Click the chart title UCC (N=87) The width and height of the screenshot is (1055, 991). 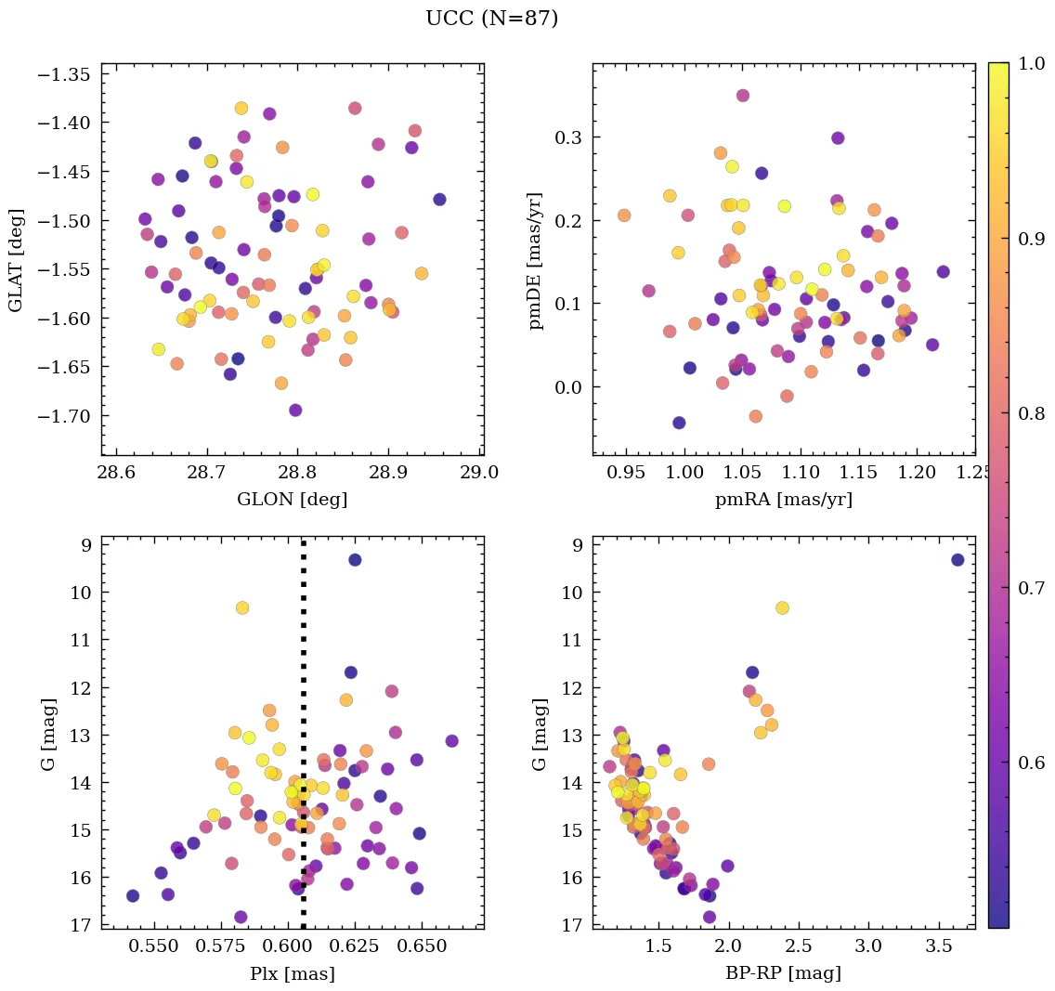[x=491, y=19]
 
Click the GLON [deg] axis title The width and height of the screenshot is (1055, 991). [x=292, y=500]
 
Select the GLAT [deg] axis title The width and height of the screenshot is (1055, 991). [x=16, y=260]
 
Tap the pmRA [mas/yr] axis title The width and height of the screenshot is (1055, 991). [x=783, y=500]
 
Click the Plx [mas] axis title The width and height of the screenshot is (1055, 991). [x=292, y=974]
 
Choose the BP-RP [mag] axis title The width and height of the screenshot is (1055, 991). [x=783, y=974]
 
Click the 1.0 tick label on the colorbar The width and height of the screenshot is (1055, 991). [x=1031, y=64]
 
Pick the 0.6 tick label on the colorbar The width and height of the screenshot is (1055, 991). [x=1031, y=763]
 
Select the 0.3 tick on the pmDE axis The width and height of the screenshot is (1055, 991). [x=568, y=137]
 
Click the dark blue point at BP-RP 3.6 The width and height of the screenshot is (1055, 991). [x=957, y=560]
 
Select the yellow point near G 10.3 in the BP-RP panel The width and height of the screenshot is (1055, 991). [x=782, y=607]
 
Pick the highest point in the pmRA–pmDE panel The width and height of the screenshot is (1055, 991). [x=743, y=96]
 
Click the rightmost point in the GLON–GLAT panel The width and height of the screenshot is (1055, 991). [x=439, y=200]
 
